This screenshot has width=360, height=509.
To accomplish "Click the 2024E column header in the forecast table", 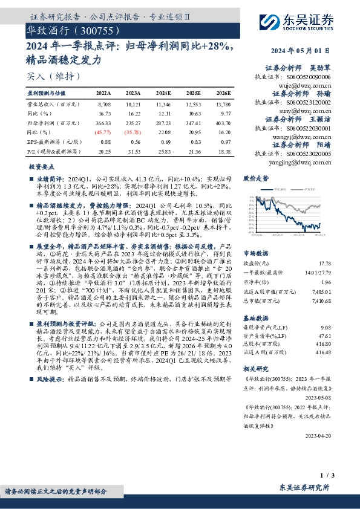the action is [163, 94].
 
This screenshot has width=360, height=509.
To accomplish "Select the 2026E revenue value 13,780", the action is [223, 105].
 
